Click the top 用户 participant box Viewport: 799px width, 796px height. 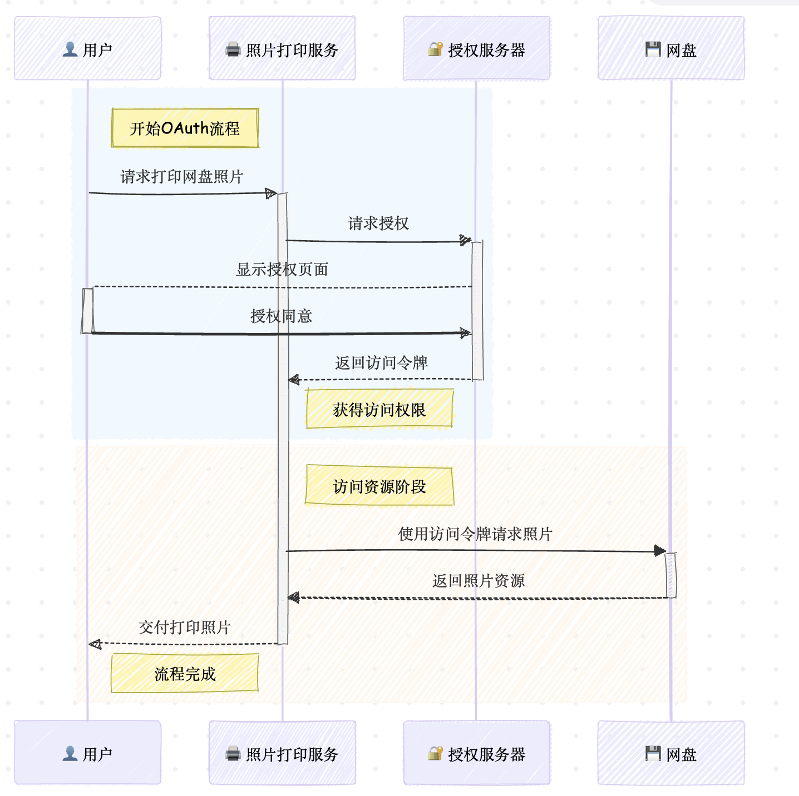tap(87, 48)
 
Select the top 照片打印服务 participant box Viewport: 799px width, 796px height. tap(282, 48)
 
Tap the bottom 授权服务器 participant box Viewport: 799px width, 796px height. tap(477, 753)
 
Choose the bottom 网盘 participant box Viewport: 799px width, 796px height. tap(671, 753)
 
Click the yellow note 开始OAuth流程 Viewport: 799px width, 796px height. tap(185, 128)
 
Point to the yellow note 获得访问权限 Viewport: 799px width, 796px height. tap(379, 410)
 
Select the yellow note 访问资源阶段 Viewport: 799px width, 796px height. tap(379, 486)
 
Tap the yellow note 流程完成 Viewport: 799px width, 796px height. tap(185, 674)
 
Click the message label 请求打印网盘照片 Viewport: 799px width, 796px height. tap(182, 177)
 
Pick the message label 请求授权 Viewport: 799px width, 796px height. tap(378, 223)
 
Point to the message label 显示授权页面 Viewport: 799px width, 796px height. tap(282, 270)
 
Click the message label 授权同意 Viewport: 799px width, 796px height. tap(281, 316)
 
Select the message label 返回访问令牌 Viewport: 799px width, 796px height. tap(381, 363)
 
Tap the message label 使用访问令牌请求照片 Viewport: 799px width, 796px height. tap(475, 534)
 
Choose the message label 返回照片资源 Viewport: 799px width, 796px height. tap(479, 581)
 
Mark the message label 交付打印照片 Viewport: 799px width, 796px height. tap(185, 628)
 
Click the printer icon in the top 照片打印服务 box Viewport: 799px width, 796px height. tap(233, 50)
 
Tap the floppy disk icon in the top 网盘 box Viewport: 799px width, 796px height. tap(653, 49)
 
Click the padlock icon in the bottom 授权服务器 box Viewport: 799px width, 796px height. tap(435, 753)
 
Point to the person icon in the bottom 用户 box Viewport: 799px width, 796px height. tap(70, 753)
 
